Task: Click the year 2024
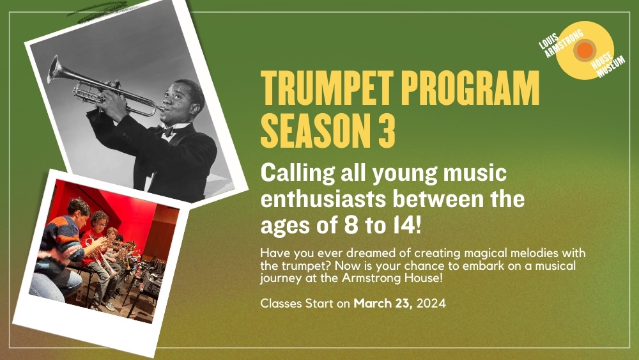pyautogui.click(x=431, y=303)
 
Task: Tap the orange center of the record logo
pyautogui.click(x=585, y=50)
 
